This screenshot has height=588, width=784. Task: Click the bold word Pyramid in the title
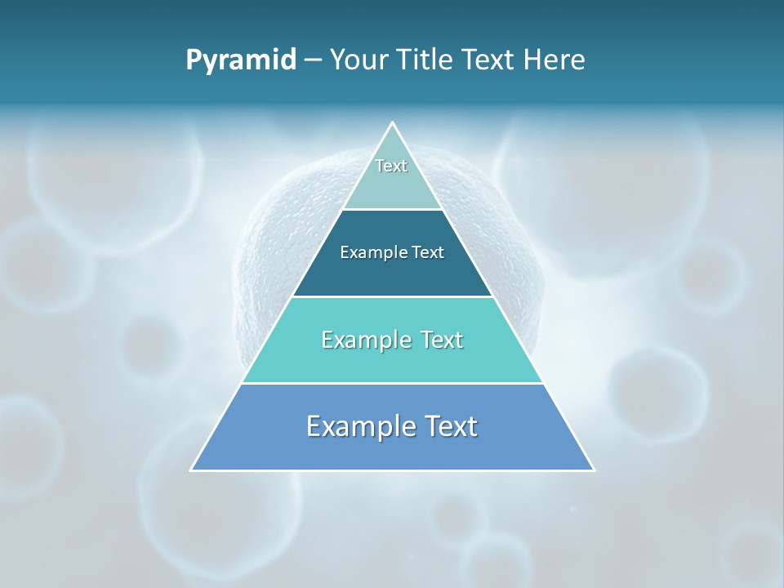(241, 60)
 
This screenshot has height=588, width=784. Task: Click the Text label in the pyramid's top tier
(391, 166)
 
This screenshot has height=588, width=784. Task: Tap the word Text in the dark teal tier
(428, 253)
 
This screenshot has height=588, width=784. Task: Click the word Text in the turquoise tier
(442, 341)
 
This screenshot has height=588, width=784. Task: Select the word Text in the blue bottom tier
(450, 427)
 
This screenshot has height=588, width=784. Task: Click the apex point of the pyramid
(392, 123)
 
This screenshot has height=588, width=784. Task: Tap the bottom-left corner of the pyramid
(192, 470)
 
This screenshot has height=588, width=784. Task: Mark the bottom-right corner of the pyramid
(593, 470)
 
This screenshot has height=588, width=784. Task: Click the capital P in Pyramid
(194, 60)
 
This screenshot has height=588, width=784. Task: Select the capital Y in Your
(337, 60)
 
